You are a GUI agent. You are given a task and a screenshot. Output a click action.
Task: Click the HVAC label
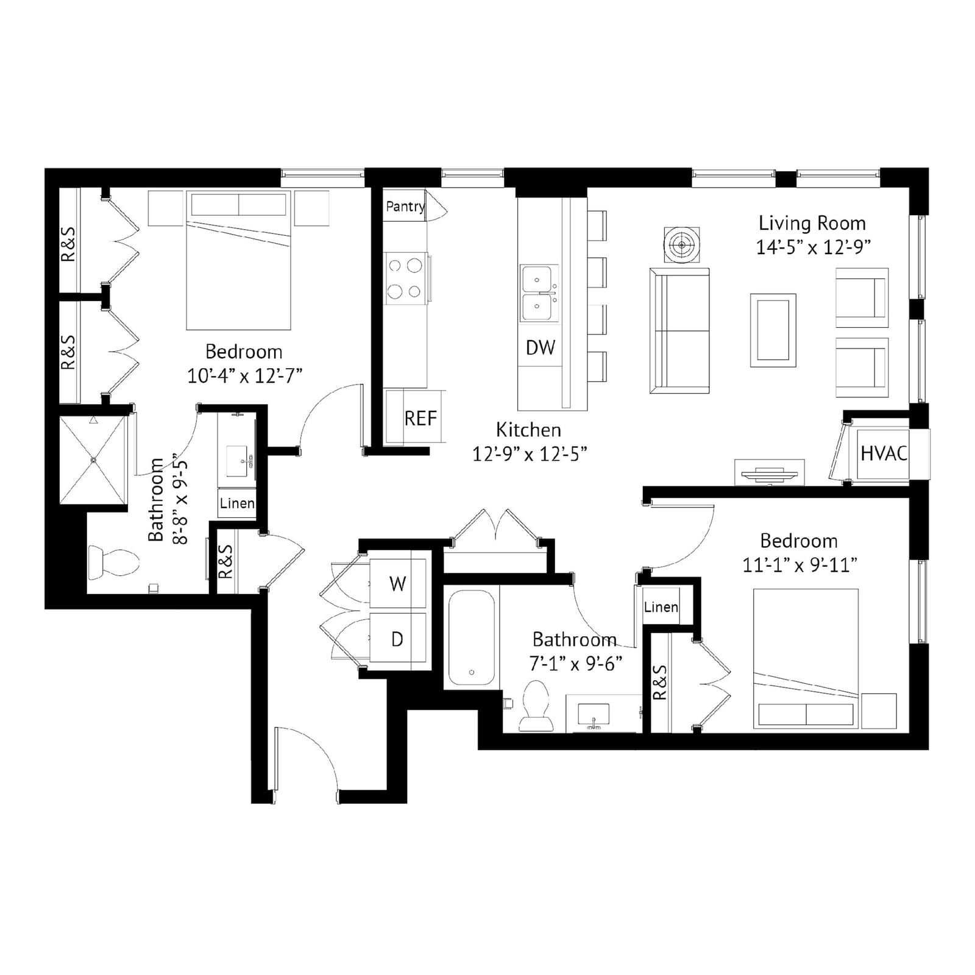pyautogui.click(x=884, y=453)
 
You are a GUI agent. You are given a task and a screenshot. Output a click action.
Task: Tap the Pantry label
pyautogui.click(x=405, y=207)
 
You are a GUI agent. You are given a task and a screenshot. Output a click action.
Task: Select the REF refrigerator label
pyautogui.click(x=420, y=419)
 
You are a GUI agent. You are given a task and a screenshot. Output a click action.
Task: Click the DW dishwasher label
pyautogui.click(x=541, y=347)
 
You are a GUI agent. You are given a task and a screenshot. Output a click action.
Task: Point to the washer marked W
pyautogui.click(x=398, y=583)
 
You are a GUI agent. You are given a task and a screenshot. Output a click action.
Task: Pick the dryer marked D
pyautogui.click(x=398, y=639)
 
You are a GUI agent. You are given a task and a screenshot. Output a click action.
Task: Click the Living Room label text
pyautogui.click(x=812, y=223)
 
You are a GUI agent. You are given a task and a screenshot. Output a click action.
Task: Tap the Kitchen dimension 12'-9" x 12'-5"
pyautogui.click(x=529, y=454)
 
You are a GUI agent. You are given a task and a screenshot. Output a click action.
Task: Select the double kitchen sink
pyautogui.click(x=539, y=293)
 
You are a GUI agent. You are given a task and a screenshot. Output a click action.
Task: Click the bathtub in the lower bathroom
pyautogui.click(x=472, y=637)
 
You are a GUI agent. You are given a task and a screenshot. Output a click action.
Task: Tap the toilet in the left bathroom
pyautogui.click(x=113, y=561)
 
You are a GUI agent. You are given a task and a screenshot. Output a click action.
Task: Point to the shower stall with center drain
pyautogui.click(x=93, y=459)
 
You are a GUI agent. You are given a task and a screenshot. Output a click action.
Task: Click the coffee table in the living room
pyautogui.click(x=773, y=330)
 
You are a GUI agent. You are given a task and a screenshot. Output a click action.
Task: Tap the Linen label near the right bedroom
pyautogui.click(x=661, y=607)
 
